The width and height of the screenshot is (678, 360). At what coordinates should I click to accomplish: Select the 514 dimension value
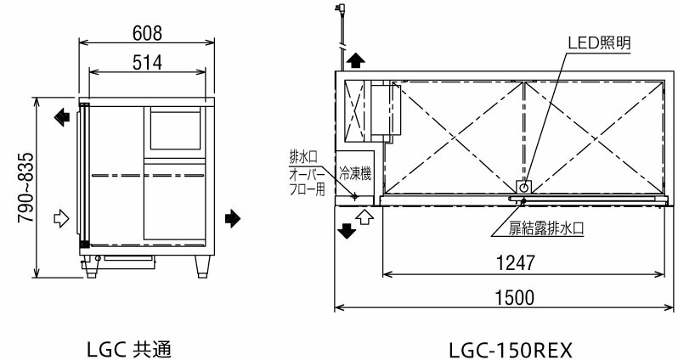146,63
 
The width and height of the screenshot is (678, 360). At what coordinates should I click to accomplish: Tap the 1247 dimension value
517,263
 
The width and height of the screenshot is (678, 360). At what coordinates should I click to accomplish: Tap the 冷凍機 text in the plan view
356,173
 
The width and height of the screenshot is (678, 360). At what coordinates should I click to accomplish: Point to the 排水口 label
303,157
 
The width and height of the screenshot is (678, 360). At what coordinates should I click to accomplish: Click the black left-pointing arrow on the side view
62,116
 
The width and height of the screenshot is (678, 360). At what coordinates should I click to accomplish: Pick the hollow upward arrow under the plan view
365,217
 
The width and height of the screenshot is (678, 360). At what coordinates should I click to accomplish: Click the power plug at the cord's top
341,10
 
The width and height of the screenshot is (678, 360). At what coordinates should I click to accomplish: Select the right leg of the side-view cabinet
203,266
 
